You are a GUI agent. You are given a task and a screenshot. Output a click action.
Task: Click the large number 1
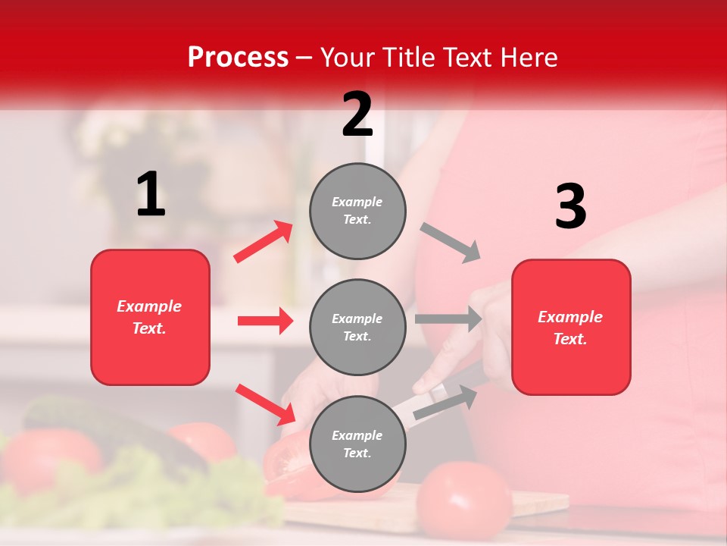click(151, 195)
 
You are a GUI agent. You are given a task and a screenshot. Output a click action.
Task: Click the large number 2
click(357, 114)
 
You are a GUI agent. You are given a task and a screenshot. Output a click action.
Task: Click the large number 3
click(570, 207)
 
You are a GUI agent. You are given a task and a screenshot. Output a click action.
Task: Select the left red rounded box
click(150, 317)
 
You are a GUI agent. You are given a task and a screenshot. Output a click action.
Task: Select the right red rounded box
click(571, 327)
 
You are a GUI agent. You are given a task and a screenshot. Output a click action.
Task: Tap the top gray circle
click(357, 211)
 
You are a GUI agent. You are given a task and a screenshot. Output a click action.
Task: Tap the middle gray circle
click(357, 327)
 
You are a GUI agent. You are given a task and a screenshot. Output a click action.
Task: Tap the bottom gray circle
click(357, 444)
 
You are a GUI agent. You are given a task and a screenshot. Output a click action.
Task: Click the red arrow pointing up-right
click(264, 241)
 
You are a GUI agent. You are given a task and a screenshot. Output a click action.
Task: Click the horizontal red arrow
click(265, 321)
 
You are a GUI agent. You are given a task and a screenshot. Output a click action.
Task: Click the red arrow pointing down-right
click(265, 404)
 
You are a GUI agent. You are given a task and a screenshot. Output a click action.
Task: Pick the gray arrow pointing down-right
click(451, 243)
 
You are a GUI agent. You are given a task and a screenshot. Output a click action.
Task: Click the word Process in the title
click(238, 57)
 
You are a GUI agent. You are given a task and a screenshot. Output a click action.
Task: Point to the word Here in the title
click(528, 57)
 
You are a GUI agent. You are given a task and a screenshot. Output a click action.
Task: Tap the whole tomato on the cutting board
click(463, 501)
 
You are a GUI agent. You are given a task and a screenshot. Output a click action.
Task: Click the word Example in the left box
click(149, 306)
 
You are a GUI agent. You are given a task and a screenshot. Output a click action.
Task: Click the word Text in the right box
click(570, 339)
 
